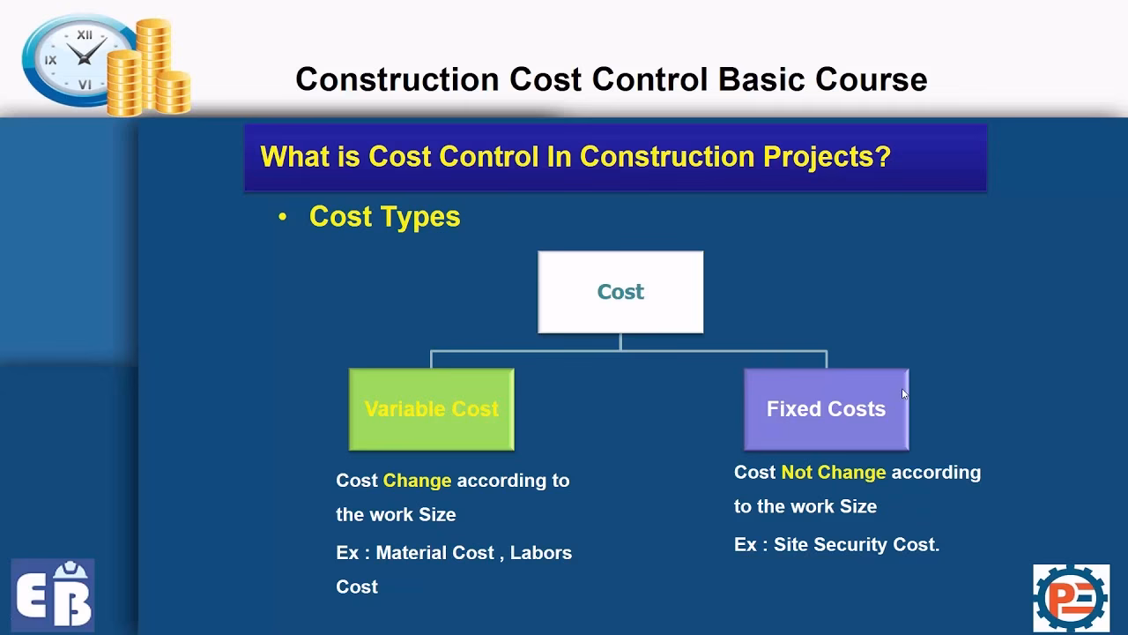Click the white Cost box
coord(620,292)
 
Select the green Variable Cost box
coord(431,409)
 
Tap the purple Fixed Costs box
coord(826,409)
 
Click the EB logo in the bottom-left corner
coord(53,594)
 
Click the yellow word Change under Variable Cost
coord(417,481)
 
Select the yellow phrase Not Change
coord(833,473)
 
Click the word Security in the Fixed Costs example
coord(850,545)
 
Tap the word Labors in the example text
coord(540,553)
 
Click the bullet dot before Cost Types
coord(283,217)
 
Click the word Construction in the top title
coord(397,79)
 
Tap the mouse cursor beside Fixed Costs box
coord(904,394)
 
